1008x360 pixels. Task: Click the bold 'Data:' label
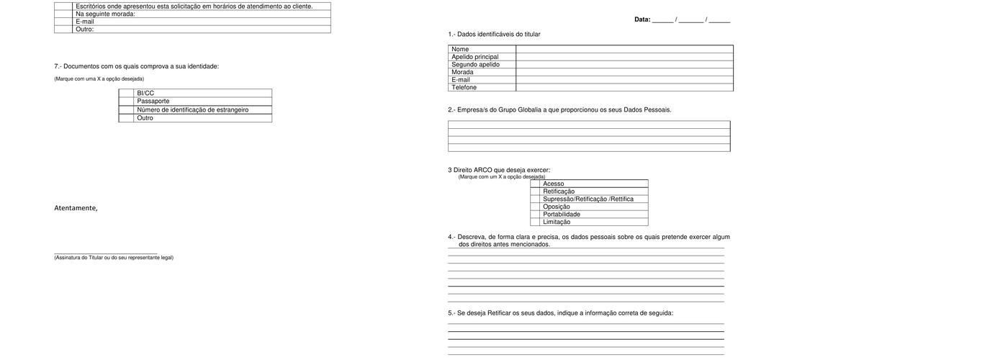(x=642, y=19)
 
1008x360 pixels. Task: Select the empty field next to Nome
(x=624, y=49)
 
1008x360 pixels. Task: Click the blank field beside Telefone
(x=624, y=87)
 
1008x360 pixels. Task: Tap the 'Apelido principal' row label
(x=474, y=57)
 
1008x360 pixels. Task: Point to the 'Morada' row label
(x=462, y=72)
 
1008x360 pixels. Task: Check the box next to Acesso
(x=535, y=184)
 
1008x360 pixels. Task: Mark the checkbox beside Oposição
(x=535, y=207)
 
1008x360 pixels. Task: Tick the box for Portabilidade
(x=535, y=215)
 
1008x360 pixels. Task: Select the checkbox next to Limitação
(x=535, y=222)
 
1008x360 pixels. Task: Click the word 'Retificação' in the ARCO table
(x=559, y=192)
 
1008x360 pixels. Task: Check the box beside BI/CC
(x=126, y=93)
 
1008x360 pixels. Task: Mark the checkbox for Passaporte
(x=126, y=102)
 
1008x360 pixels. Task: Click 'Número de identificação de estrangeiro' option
(x=192, y=109)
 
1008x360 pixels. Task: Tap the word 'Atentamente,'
(x=76, y=208)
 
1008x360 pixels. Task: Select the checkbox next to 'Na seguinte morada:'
(x=63, y=14)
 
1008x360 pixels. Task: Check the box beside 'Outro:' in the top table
(x=63, y=30)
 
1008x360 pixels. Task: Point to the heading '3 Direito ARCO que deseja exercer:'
(x=499, y=170)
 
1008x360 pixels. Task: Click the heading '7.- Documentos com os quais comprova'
(x=136, y=66)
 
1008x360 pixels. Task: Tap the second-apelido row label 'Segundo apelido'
(x=475, y=65)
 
